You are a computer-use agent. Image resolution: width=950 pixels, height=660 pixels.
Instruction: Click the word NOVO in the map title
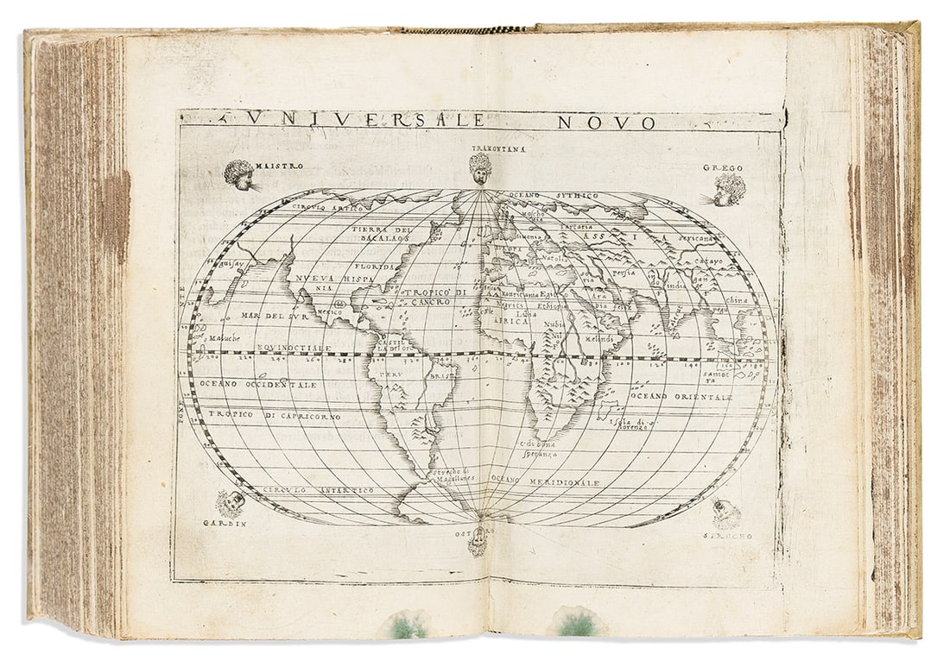[x=607, y=122]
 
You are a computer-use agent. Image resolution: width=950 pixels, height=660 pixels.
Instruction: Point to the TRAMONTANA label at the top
[x=498, y=148]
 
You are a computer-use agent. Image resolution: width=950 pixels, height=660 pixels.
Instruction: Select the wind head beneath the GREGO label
[x=729, y=190]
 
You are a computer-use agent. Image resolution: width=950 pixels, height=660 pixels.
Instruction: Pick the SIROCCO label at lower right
[x=731, y=536]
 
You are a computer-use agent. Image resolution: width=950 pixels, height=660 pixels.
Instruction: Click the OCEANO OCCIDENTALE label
[x=258, y=383]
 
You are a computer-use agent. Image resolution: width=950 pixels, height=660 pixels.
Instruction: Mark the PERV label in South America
[x=390, y=375]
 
